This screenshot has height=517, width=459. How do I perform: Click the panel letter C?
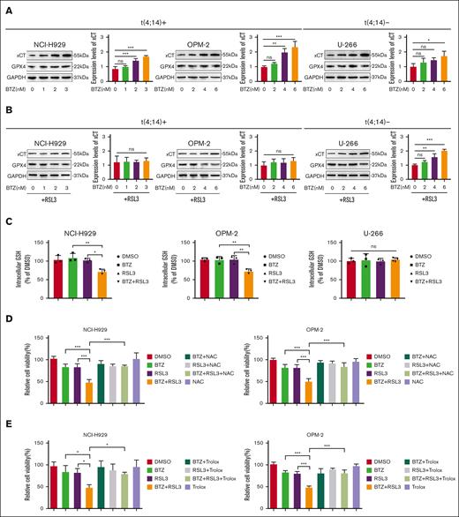(5, 217)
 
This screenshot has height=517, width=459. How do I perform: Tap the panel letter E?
(5, 421)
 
